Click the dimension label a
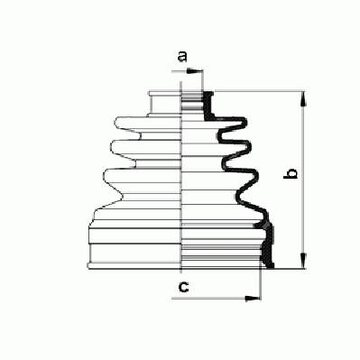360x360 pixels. click(x=182, y=56)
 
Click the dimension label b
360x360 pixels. click(x=291, y=173)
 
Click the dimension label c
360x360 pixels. click(x=183, y=287)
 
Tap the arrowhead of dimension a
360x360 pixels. click(x=194, y=71)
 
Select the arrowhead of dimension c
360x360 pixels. click(x=253, y=299)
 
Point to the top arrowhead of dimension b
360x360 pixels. click(x=304, y=98)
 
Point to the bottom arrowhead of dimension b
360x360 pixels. click(x=304, y=261)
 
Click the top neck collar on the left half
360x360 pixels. click(x=165, y=103)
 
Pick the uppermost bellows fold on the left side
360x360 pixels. click(x=148, y=125)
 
